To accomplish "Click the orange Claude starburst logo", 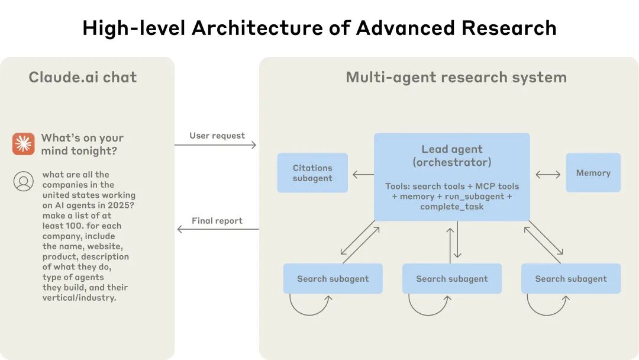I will pyautogui.click(x=24, y=144).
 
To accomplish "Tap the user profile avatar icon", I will pyautogui.click(x=24, y=181).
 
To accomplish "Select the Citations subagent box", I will pyautogui.click(x=312, y=173).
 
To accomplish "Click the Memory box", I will pyautogui.click(x=593, y=173).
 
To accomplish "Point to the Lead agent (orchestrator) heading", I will pyautogui.click(x=452, y=156).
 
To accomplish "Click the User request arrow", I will pyautogui.click(x=216, y=145).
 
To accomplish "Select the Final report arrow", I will pyautogui.click(x=218, y=229).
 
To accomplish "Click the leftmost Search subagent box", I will pyautogui.click(x=333, y=279).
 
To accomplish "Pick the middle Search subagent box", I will pyautogui.click(x=452, y=279).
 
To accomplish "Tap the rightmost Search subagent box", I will pyautogui.click(x=571, y=279).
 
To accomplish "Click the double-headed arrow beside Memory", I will pyautogui.click(x=548, y=174).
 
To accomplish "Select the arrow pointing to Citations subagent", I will pyautogui.click(x=363, y=174).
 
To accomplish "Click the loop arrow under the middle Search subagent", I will pyautogui.click(x=429, y=306).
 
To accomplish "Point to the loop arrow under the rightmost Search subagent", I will pyautogui.click(x=548, y=306).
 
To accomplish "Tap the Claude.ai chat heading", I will pyautogui.click(x=83, y=77).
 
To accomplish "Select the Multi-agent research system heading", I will pyautogui.click(x=456, y=77).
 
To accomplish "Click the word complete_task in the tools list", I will pyautogui.click(x=452, y=207).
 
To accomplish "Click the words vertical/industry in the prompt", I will pyautogui.click(x=79, y=298).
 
